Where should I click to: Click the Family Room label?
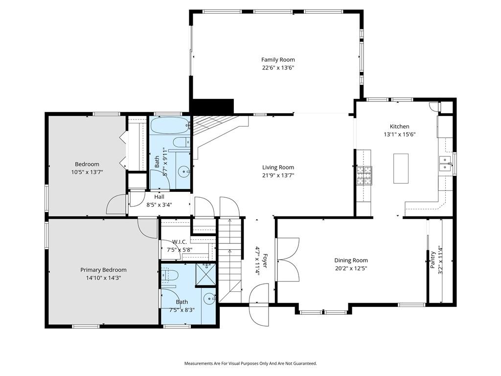[278, 60]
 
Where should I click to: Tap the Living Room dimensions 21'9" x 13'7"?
[278, 175]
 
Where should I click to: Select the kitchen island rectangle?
[401, 168]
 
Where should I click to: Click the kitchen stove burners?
[364, 176]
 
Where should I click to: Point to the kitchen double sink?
[445, 164]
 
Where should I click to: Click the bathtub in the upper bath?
[170, 126]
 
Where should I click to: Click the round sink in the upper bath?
[184, 171]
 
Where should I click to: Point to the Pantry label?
[433, 259]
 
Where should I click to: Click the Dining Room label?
[351, 260]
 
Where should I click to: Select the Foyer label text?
[265, 261]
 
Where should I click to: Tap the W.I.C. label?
[179, 242]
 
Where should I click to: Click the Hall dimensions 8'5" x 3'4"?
[159, 205]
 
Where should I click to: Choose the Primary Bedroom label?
[103, 270]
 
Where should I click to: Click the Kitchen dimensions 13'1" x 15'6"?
[399, 134]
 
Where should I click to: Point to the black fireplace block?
[212, 106]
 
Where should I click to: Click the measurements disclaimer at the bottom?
[250, 363]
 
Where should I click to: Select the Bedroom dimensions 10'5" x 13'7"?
[87, 172]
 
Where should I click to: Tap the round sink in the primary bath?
[209, 299]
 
